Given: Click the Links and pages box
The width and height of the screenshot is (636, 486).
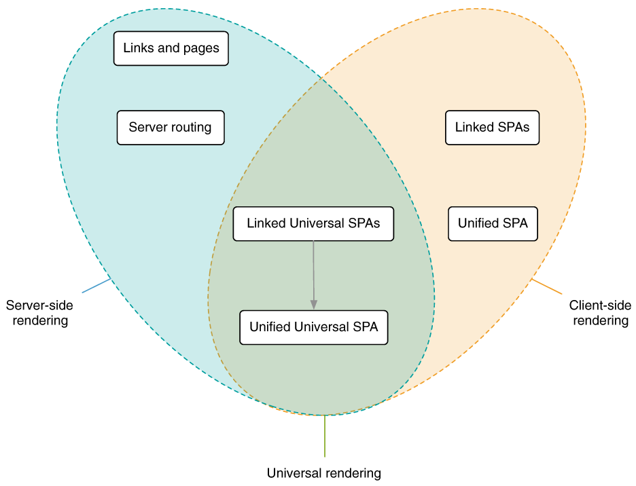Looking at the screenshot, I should point(171,48).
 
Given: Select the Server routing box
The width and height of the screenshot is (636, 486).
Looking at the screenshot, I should point(170,128).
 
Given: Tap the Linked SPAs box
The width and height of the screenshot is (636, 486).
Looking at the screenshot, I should point(492,128).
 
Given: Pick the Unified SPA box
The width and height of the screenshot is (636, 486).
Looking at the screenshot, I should point(493,223).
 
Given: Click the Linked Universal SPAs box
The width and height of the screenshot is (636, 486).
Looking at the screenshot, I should point(313,223).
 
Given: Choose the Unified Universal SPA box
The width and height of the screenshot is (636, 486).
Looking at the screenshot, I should point(314,327).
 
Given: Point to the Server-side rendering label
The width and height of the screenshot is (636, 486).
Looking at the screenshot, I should point(39,313).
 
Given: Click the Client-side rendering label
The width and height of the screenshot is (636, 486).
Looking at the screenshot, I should point(600,313).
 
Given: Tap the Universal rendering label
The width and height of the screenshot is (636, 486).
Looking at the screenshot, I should point(323,473).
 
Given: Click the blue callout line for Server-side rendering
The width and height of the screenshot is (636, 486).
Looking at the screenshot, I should point(96,285).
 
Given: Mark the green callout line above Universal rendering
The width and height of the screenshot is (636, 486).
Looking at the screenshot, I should point(325,436).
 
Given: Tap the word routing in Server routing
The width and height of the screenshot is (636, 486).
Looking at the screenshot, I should point(191,128).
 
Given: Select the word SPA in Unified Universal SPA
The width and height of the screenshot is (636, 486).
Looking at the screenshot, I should point(364,327).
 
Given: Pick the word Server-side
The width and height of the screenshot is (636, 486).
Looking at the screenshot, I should point(39,305).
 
